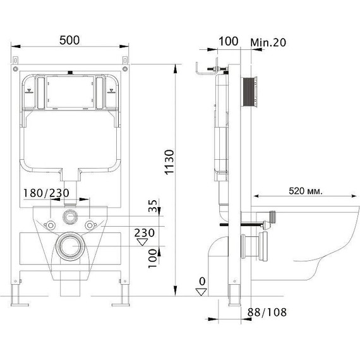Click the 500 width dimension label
[x=70, y=39]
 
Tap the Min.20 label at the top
[x=269, y=41]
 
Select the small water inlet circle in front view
[x=71, y=217]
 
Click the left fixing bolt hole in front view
[x=48, y=224]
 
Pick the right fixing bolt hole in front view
[x=93, y=224]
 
